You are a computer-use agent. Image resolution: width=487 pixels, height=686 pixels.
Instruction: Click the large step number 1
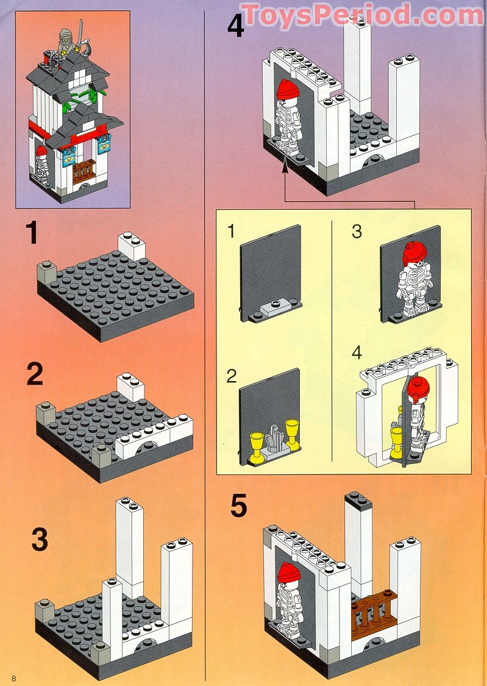tap(32, 234)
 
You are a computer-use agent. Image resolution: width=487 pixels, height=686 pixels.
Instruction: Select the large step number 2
tap(35, 374)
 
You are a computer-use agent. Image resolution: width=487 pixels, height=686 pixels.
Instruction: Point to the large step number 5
tap(238, 506)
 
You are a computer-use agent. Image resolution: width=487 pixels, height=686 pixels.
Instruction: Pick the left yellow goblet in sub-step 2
tap(257, 445)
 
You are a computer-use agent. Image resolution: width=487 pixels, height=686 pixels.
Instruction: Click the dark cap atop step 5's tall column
tap(358, 500)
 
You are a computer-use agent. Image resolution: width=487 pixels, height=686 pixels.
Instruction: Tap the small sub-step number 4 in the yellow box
tap(357, 353)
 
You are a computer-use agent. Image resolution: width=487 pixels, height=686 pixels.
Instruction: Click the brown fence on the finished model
tap(84, 171)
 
